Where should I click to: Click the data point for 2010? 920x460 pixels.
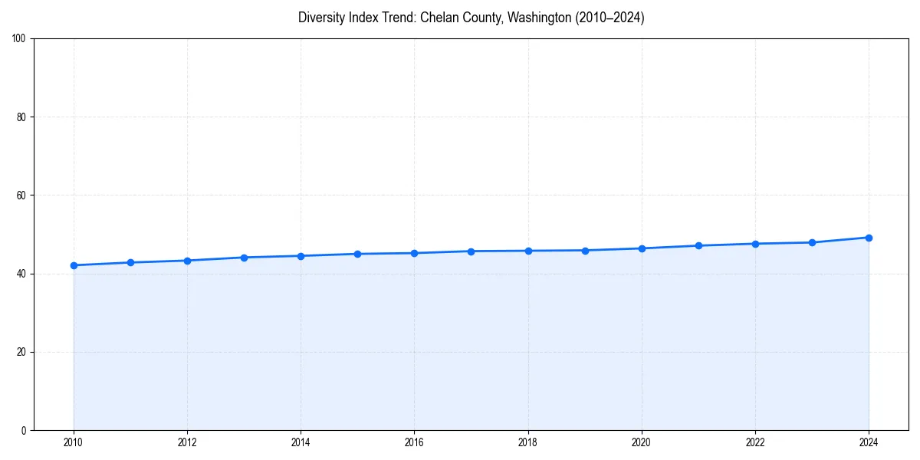click(x=74, y=265)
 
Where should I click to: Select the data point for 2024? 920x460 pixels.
click(x=869, y=238)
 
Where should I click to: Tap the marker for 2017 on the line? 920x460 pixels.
click(x=471, y=251)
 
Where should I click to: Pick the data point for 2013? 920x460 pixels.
click(x=244, y=258)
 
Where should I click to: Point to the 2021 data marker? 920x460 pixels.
click(x=698, y=245)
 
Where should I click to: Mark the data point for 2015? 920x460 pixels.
click(x=357, y=254)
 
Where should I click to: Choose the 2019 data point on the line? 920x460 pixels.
click(x=585, y=251)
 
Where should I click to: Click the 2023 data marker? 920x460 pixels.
click(x=812, y=242)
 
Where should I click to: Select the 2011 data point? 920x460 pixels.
click(x=130, y=262)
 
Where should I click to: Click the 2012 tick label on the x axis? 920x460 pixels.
click(x=187, y=442)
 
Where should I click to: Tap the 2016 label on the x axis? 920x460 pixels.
click(x=414, y=442)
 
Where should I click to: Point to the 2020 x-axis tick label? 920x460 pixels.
click(x=642, y=442)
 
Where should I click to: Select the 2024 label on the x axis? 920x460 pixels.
click(x=869, y=442)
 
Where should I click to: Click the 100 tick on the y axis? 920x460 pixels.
click(x=19, y=39)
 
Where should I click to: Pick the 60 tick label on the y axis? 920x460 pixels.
click(x=21, y=195)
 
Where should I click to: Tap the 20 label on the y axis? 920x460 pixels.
click(x=21, y=352)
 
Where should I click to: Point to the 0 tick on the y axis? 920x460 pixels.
click(x=24, y=430)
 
